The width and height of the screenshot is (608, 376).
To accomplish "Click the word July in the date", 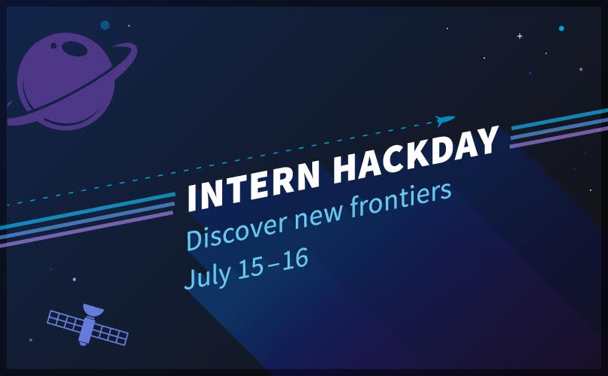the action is point(207,274).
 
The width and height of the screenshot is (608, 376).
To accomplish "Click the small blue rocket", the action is point(445,120).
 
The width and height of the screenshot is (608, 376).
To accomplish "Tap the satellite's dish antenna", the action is point(93,310).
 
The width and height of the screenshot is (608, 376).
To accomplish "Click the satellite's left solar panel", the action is point(65,320).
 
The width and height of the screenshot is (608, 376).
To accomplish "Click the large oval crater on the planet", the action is point(74,49).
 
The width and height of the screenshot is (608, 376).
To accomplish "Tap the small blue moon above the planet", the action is point(105,26).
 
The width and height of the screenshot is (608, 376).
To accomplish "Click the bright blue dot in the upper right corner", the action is point(561,29).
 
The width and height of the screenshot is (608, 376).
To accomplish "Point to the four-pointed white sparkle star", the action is point(519,36).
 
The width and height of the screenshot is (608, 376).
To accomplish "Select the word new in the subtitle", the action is point(318,215).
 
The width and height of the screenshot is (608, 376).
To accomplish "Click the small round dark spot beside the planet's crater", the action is point(53,46).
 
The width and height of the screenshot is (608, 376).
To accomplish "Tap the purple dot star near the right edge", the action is point(581,69).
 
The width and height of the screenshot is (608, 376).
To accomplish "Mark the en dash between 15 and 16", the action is point(273,262).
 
